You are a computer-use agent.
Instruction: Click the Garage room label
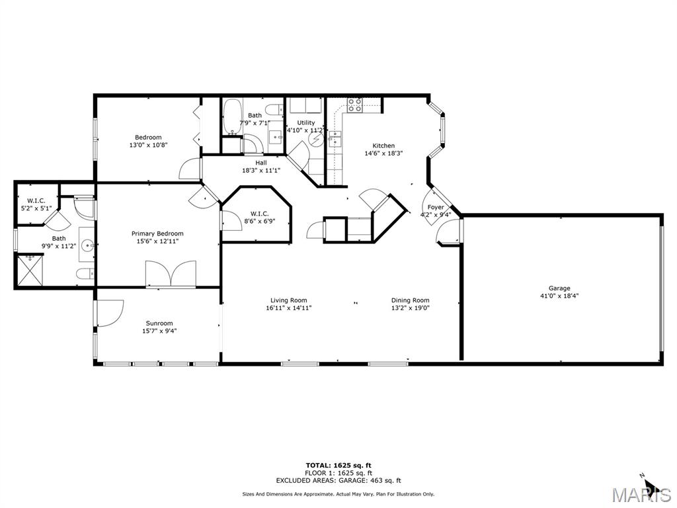click(x=559, y=288)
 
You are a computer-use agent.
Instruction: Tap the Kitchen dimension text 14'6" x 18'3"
click(x=383, y=153)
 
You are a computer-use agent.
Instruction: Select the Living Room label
click(x=288, y=300)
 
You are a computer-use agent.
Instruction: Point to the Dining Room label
click(x=410, y=300)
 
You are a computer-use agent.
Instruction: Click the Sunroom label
click(x=159, y=323)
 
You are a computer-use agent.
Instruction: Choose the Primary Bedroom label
click(x=157, y=233)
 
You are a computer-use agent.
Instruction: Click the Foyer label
click(x=436, y=207)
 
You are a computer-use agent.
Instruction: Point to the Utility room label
click(x=305, y=122)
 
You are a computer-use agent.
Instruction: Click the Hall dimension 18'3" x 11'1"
click(x=261, y=170)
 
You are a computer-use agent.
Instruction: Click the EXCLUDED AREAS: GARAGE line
click(x=338, y=481)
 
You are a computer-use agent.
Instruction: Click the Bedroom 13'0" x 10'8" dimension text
click(x=148, y=145)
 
